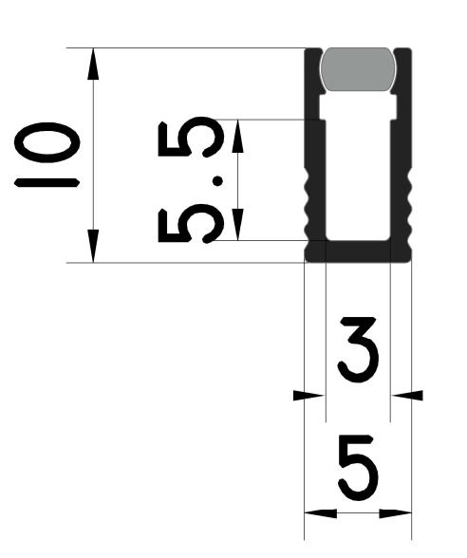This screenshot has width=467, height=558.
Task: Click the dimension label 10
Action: pyautogui.click(x=47, y=155)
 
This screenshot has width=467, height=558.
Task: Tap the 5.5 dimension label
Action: pyautogui.click(x=191, y=179)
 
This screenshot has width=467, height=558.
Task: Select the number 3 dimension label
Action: pyautogui.click(x=357, y=349)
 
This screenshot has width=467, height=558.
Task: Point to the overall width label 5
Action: pyautogui.click(x=358, y=467)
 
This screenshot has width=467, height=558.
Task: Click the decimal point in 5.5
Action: pyautogui.click(x=217, y=181)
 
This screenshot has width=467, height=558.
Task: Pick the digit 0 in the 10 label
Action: pyautogui.click(x=47, y=142)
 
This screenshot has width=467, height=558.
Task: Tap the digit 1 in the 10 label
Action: pyautogui.click(x=47, y=182)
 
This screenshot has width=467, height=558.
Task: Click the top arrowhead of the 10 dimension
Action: pyautogui.click(x=93, y=64)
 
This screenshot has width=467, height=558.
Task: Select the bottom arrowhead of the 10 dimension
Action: pyautogui.click(x=93, y=247)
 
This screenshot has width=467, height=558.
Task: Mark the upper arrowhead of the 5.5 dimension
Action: pyautogui.click(x=237, y=136)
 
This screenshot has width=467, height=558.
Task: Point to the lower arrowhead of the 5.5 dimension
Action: pyautogui.click(x=237, y=225)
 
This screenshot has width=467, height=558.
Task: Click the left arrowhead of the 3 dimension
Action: pyautogui.click(x=309, y=395)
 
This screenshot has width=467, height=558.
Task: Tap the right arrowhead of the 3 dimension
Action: pyautogui.click(x=407, y=395)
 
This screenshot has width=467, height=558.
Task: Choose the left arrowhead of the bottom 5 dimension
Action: pyautogui.click(x=321, y=512)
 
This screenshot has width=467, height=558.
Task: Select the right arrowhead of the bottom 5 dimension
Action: pyautogui.click(x=396, y=512)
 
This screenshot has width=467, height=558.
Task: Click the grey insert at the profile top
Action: pyautogui.click(x=358, y=69)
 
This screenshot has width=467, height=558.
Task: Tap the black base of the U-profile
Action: pyautogui.click(x=358, y=251)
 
